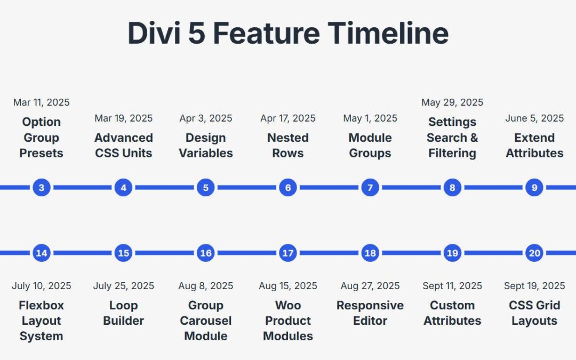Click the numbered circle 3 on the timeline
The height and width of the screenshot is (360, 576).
click(42, 188)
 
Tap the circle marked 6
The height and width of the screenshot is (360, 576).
click(288, 188)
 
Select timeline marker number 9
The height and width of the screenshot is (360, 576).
click(534, 188)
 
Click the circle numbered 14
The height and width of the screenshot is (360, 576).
click(42, 253)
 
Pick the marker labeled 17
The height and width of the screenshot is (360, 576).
click(288, 253)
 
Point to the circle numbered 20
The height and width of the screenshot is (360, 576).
click(534, 253)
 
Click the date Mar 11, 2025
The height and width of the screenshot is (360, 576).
click(42, 102)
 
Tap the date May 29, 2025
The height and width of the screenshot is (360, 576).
click(452, 102)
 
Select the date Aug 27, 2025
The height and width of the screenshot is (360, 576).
click(370, 286)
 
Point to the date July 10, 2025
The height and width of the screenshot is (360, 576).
click(42, 286)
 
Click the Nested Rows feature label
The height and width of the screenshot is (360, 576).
click(288, 146)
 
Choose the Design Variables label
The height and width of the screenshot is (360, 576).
click(206, 146)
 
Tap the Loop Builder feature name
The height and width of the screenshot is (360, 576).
click(124, 313)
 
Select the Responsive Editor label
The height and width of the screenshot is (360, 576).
click(370, 313)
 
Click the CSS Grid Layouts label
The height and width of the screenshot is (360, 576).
click(534, 313)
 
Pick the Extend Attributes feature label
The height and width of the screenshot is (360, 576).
click(534, 146)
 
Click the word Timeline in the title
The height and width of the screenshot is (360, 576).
click(388, 33)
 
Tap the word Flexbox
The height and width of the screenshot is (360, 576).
click(42, 306)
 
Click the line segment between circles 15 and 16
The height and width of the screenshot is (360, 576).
click(165, 253)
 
